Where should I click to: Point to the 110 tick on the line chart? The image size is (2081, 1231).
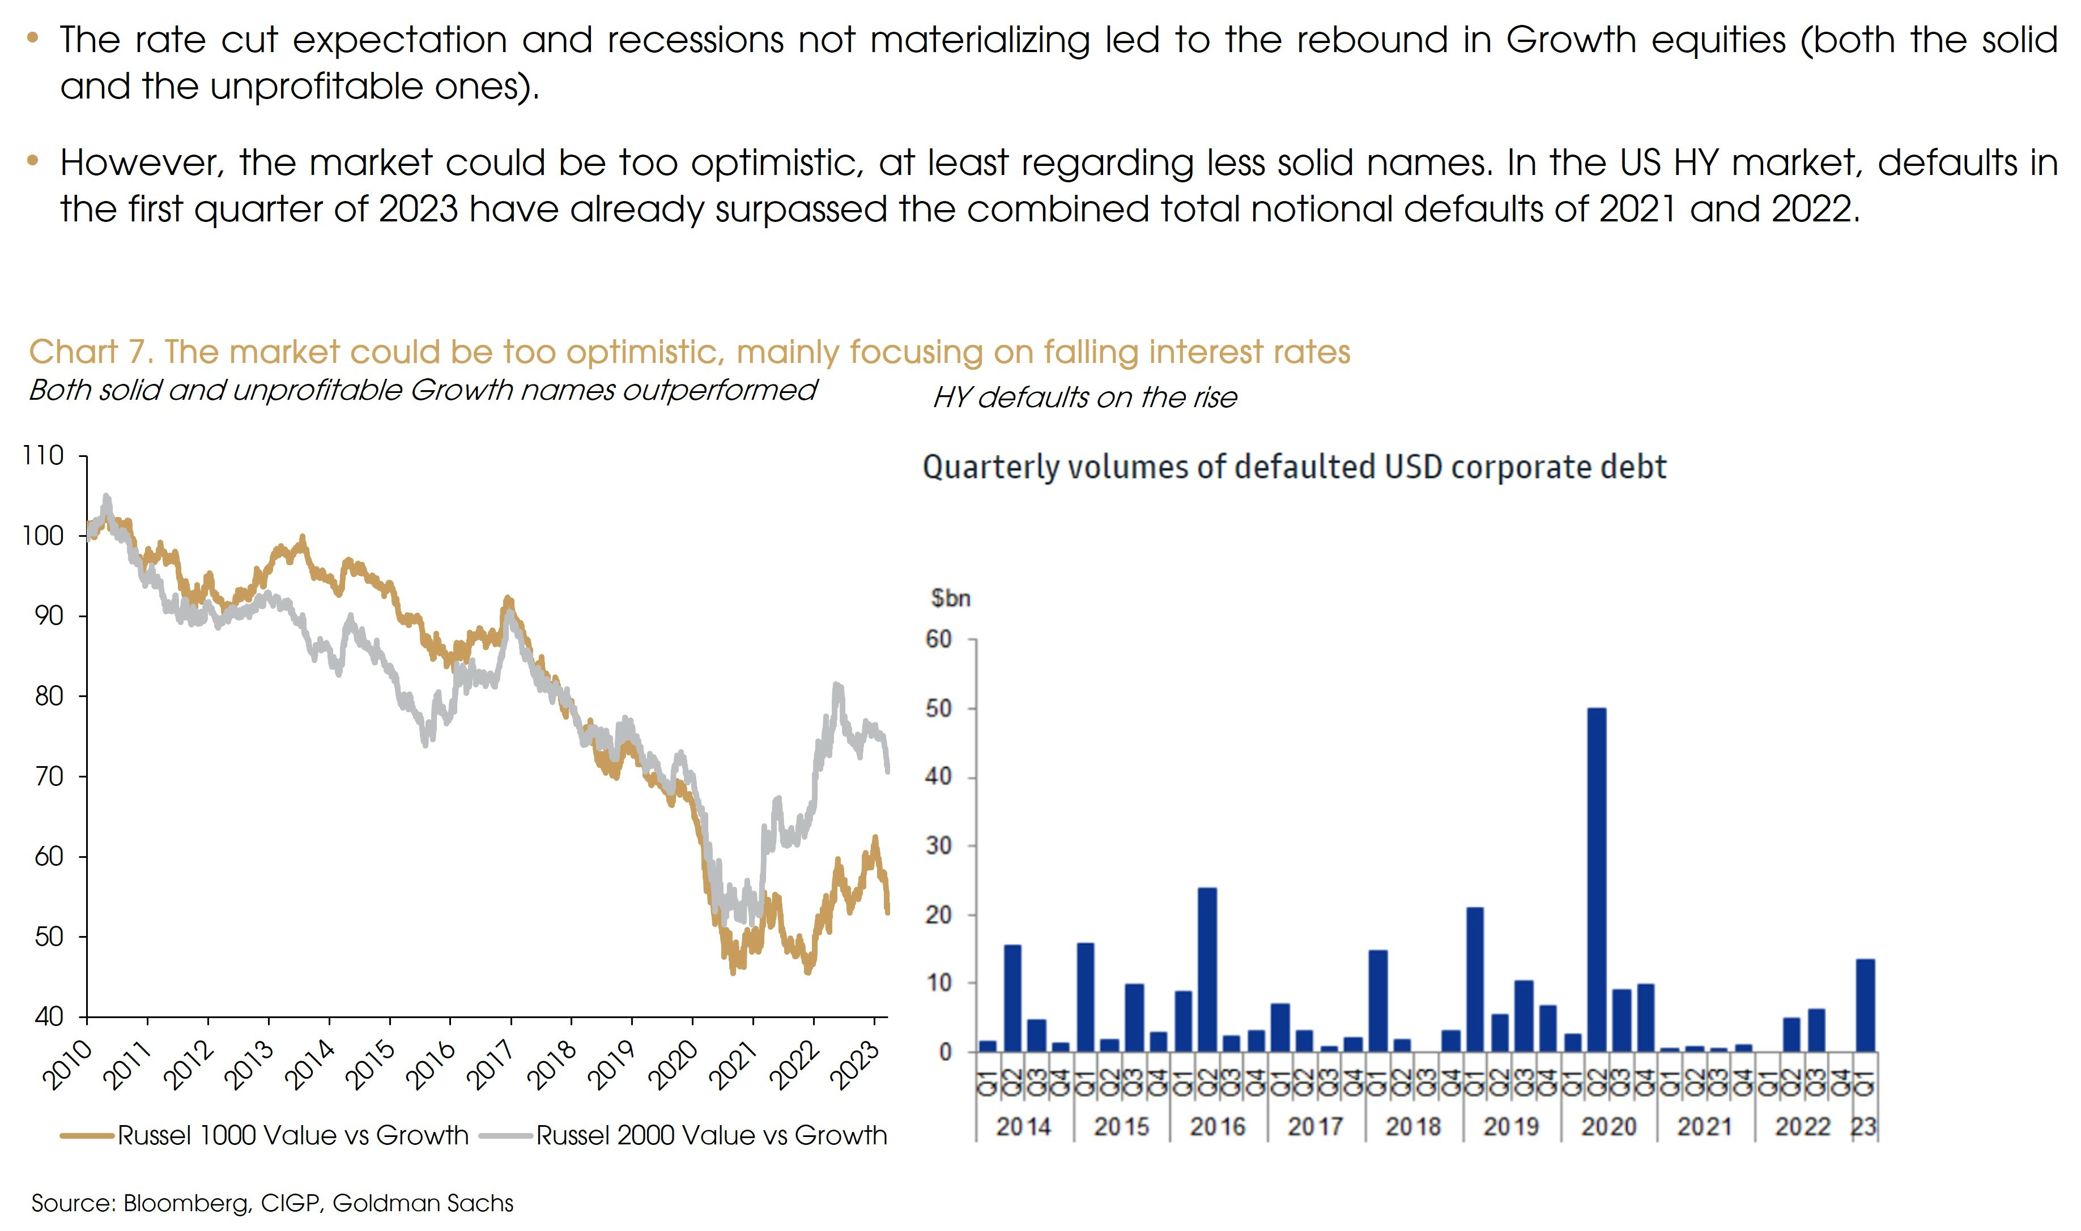(x=43, y=455)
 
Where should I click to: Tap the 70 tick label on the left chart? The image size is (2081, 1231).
(x=49, y=776)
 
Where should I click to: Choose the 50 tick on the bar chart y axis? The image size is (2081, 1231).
(x=939, y=708)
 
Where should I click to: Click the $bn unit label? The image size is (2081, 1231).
(x=950, y=598)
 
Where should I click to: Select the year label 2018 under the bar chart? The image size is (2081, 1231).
(x=1413, y=1126)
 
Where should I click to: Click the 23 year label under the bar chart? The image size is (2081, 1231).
(x=1863, y=1126)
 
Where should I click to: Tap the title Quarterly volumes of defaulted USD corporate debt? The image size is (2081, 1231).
(x=1295, y=467)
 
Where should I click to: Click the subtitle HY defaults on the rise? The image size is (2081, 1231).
(x=1084, y=398)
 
